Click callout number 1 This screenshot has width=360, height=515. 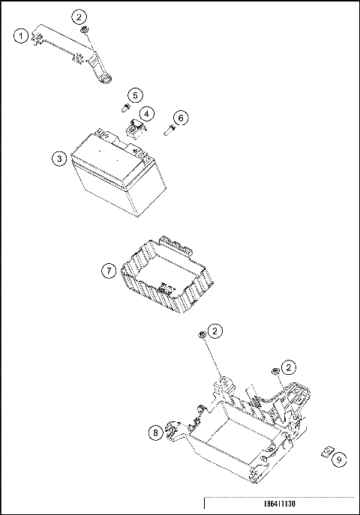21,35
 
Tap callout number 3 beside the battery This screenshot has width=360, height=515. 59,159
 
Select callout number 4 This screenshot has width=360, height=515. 146,114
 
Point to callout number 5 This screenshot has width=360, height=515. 135,95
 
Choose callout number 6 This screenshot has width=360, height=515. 181,118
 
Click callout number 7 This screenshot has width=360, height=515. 109,271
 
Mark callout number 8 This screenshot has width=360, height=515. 155,433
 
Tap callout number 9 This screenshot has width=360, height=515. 339,460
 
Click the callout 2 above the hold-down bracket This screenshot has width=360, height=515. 79,16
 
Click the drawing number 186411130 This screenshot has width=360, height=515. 280,504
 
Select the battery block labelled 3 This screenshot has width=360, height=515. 119,172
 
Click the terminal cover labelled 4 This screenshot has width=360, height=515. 135,130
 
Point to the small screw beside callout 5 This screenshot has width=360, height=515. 125,108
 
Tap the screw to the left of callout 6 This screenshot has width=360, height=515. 169,130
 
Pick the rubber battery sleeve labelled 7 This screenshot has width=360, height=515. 167,274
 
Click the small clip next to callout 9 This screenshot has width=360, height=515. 326,452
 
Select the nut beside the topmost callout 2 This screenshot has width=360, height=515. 85,30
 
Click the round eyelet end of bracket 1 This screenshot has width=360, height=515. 106,79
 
